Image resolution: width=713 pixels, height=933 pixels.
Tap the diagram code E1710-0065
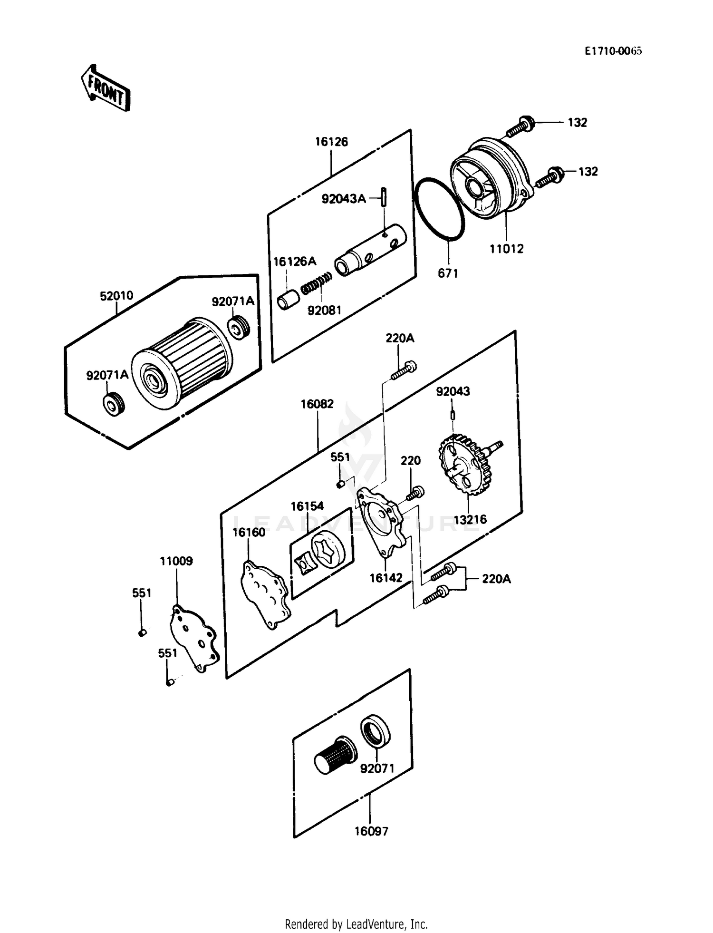click(613, 51)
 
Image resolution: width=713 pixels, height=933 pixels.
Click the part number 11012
click(507, 248)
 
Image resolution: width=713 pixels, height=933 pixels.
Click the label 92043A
click(344, 199)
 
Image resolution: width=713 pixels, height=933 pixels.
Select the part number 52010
click(116, 296)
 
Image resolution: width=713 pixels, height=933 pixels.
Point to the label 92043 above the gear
click(453, 391)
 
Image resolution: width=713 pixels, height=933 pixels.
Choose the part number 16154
click(307, 506)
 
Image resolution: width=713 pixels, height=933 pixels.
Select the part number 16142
click(386, 578)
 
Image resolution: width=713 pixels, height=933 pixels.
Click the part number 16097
click(371, 831)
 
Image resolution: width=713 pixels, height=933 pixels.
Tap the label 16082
click(317, 404)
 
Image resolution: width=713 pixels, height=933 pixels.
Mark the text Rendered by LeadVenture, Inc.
click(356, 924)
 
